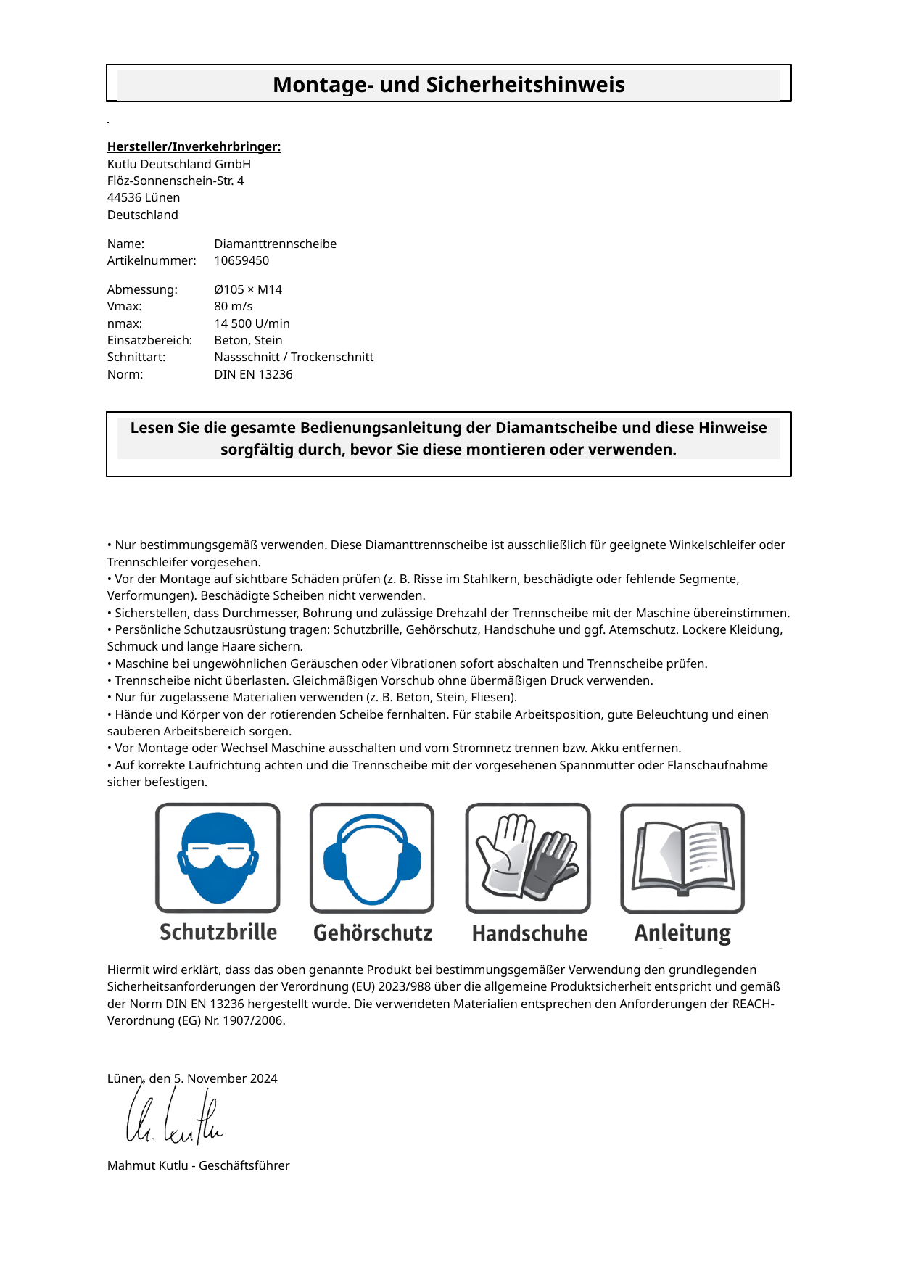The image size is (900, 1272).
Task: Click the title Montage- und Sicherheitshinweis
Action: click(448, 85)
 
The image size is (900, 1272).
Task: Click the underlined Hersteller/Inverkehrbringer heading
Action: click(194, 146)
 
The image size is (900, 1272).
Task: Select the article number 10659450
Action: click(241, 260)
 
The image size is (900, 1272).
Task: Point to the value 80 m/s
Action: click(234, 306)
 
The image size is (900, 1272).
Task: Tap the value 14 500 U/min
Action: click(252, 323)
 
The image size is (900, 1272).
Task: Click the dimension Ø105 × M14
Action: click(248, 289)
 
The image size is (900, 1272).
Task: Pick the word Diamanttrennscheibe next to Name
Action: click(275, 244)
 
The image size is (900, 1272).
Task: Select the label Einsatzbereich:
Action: click(149, 340)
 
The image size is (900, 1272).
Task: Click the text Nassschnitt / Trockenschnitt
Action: click(294, 357)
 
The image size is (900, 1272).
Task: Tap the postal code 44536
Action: click(124, 197)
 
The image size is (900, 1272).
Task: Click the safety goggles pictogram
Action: click(218, 857)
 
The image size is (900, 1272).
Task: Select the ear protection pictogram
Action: click(372, 857)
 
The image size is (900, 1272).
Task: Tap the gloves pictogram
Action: click(527, 857)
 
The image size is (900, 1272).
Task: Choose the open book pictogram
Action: click(682, 857)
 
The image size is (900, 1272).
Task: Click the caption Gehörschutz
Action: click(373, 933)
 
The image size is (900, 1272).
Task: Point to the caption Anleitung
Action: click(682, 933)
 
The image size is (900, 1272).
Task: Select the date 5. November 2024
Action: click(226, 1078)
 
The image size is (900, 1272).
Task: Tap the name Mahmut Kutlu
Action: click(147, 1165)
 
